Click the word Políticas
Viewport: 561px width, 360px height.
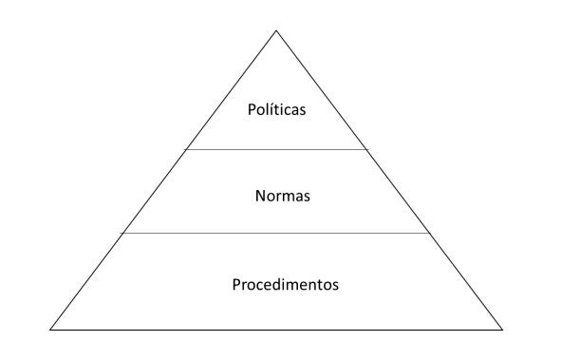(276, 111)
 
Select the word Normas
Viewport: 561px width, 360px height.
(283, 197)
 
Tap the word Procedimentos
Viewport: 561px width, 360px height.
(285, 283)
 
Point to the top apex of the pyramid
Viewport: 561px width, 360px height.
(276, 30)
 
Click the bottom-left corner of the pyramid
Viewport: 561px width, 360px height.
(50, 330)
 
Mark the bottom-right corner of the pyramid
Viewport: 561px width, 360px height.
(502, 330)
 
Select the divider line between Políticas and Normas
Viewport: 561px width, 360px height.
(276, 149)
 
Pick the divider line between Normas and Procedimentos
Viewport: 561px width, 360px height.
(276, 233)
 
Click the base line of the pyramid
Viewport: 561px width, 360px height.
(276, 330)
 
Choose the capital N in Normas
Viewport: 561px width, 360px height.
(260, 197)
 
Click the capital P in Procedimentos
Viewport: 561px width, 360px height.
(235, 283)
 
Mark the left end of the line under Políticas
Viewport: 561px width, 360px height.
(186, 149)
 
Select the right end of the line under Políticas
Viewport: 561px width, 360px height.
(366, 149)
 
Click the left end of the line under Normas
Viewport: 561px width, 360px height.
(123, 233)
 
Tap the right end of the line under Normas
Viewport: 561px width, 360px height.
(430, 233)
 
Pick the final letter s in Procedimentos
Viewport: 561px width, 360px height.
(335, 284)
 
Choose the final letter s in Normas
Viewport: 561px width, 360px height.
(308, 198)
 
